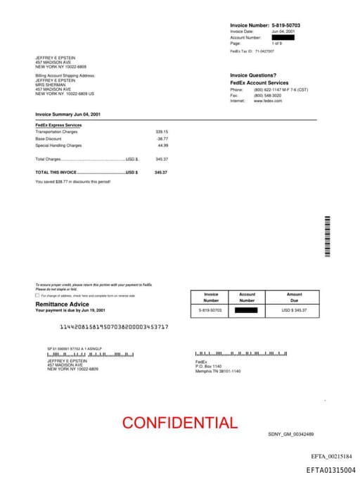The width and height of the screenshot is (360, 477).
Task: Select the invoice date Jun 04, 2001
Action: coord(283,32)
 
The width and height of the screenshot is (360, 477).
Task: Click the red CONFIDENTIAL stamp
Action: coord(180,423)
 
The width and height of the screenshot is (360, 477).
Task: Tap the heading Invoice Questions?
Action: coord(253,75)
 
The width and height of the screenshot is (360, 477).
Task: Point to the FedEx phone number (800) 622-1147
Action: coord(268,90)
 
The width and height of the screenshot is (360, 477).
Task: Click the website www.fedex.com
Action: coord(268,101)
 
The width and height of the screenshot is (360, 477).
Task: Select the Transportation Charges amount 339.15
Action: coord(162,132)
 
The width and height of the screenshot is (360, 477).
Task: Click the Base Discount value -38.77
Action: coord(162,139)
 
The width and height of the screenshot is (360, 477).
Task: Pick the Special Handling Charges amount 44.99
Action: coord(163,145)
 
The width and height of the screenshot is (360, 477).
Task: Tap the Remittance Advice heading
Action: coord(62,304)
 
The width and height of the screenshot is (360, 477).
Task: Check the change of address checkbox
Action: coord(38,295)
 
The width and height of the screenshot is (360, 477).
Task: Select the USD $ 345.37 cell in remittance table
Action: coord(294,310)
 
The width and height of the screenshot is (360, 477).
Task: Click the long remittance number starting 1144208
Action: coord(114,327)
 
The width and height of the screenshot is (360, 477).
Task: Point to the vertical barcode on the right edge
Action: coord(327,236)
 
